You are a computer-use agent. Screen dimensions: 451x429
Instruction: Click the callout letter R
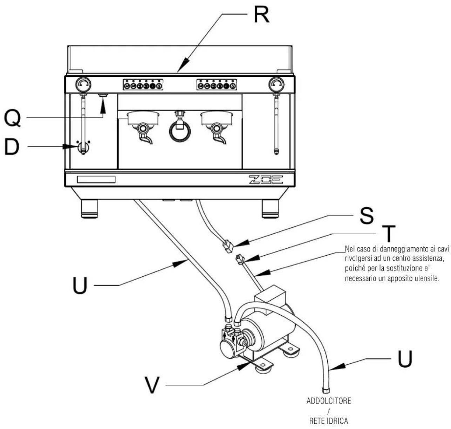tap(261, 15)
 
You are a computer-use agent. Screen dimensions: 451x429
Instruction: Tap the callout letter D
tap(12, 147)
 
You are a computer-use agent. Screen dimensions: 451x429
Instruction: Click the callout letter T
tap(389, 234)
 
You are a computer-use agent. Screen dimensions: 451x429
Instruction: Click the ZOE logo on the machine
tap(266, 180)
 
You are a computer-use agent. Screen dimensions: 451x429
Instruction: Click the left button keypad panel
tap(143, 85)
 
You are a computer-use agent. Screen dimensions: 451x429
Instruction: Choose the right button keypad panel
tap(217, 85)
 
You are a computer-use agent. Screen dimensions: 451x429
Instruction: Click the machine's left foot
tap(89, 208)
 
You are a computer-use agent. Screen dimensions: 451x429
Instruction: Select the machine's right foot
tap(270, 208)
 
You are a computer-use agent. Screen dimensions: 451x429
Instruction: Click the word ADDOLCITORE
tap(328, 401)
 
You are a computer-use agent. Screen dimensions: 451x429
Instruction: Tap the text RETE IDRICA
tap(328, 421)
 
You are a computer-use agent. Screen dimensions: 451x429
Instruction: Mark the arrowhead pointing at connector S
tap(240, 243)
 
